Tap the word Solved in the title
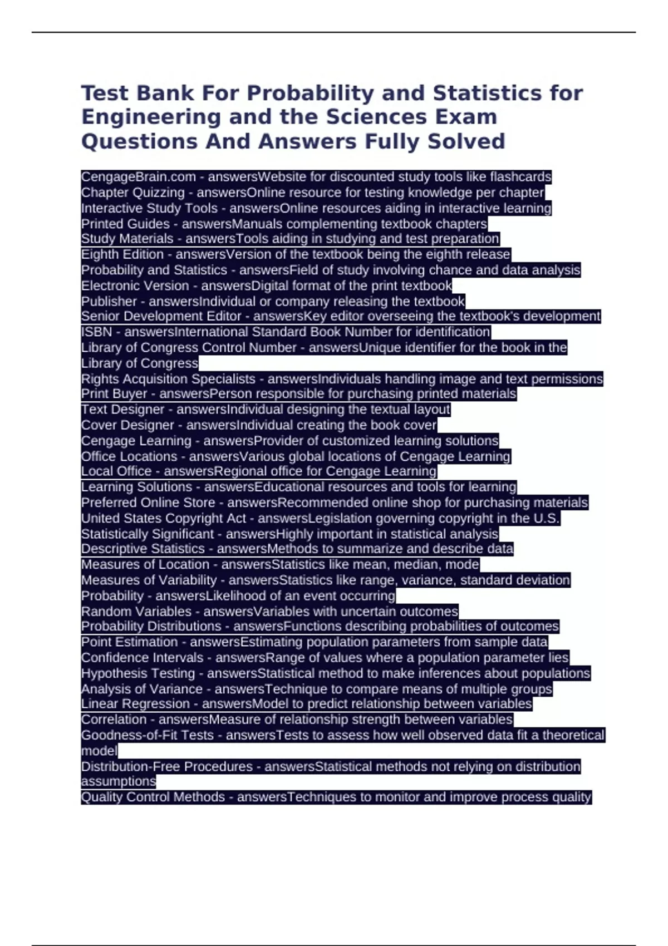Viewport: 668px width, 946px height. pyautogui.click(x=466, y=141)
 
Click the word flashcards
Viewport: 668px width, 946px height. pyautogui.click(x=520, y=177)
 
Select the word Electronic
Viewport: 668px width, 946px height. pyautogui.click(x=107, y=286)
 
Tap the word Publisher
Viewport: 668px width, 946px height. pyautogui.click(x=109, y=302)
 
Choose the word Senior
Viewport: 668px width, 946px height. pyautogui.click(x=100, y=317)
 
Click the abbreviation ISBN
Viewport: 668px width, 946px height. pyautogui.click(x=96, y=332)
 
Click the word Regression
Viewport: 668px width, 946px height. pyautogui.click(x=149, y=704)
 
